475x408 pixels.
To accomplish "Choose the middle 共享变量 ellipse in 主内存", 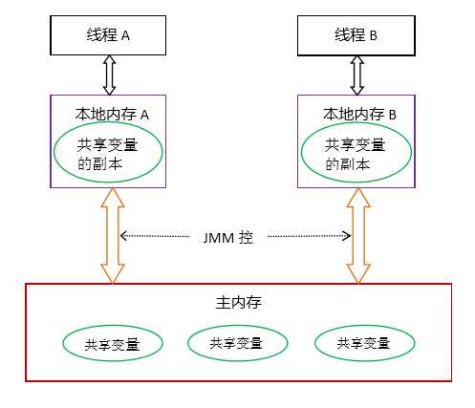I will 236,342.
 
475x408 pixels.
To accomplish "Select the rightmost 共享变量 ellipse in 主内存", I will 364,342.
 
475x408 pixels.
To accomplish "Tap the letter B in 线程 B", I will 374,35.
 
